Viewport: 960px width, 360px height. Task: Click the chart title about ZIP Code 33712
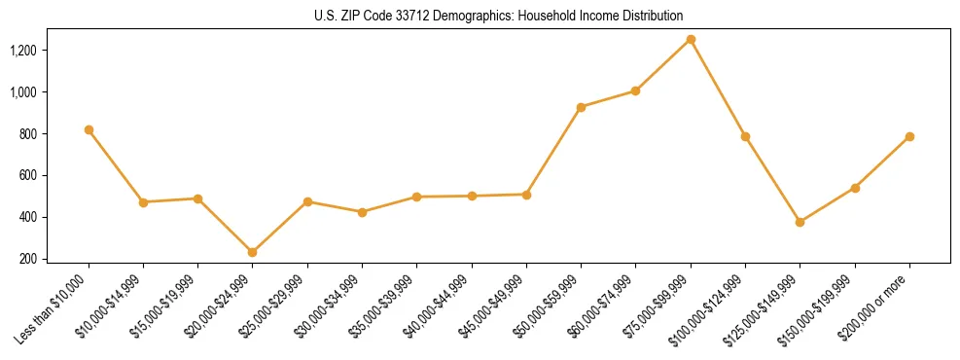coord(499,16)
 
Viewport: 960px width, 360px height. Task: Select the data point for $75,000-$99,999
coord(691,40)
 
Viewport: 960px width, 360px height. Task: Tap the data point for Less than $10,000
coord(89,129)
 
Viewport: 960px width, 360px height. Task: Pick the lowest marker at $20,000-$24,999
coord(253,252)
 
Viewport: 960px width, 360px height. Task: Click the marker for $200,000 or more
coord(909,136)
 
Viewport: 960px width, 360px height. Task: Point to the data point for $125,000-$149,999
coord(800,222)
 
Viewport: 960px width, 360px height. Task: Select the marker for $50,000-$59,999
coord(581,107)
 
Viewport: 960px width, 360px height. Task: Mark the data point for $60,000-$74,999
coord(635,90)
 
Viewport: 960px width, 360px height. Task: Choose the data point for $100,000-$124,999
coord(745,136)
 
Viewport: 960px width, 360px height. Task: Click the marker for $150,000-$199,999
coord(855,188)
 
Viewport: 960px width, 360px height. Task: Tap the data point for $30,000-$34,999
coord(362,212)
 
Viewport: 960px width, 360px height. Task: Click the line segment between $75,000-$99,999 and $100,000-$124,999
coord(718,88)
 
